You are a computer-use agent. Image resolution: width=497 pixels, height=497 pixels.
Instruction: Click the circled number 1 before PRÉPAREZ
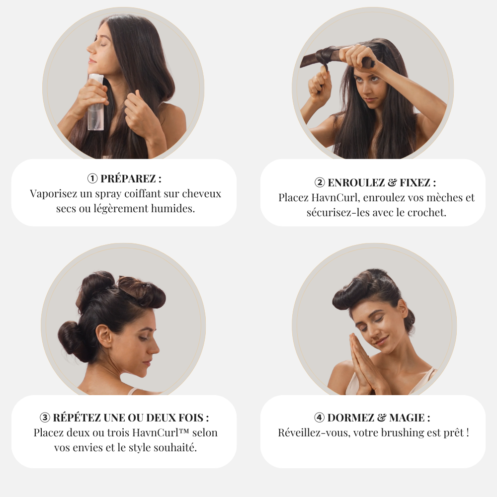92,178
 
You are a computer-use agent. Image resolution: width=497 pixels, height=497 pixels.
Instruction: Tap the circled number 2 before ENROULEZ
320,182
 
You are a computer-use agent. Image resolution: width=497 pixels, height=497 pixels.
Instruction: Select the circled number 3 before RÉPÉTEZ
45,417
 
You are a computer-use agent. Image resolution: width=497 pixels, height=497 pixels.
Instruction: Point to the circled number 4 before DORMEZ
319,417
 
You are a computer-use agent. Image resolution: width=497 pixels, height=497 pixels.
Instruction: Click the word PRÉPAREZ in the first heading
128,178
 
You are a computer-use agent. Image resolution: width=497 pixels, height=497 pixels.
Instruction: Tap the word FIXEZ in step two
415,182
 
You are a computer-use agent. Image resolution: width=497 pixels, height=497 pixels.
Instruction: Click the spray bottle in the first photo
96,102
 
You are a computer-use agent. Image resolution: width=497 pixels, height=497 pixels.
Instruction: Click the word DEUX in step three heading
161,417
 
